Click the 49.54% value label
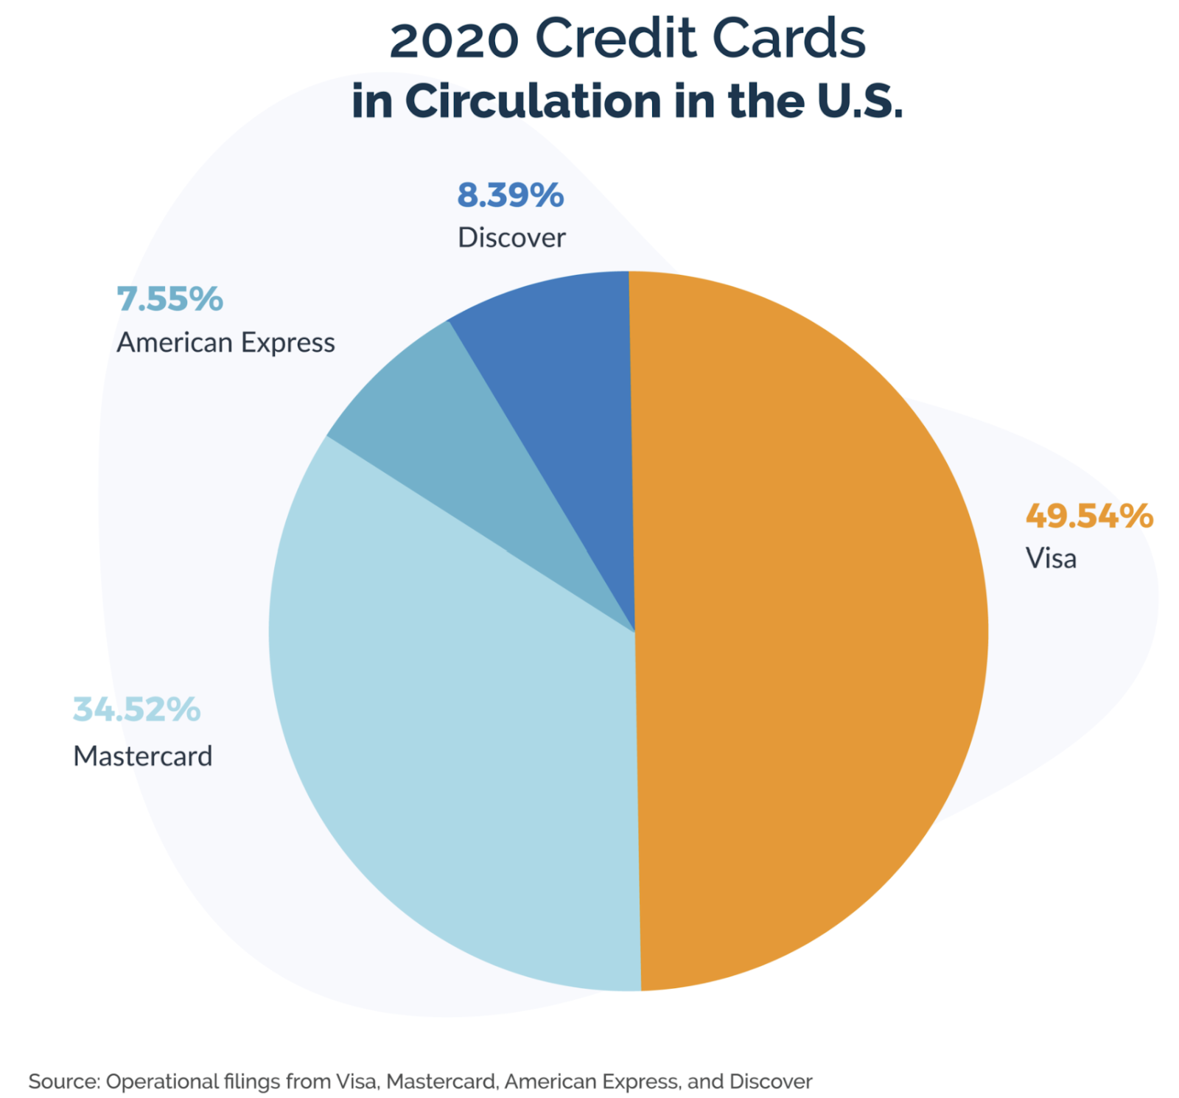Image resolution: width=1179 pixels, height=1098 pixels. [1088, 517]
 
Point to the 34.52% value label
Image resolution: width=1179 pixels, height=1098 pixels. [136, 710]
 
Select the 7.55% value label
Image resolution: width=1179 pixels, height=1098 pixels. [169, 299]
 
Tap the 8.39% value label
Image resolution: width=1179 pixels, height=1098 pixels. [510, 195]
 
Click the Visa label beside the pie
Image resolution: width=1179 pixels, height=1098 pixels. [1051, 559]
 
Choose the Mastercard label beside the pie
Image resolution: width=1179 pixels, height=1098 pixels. [143, 756]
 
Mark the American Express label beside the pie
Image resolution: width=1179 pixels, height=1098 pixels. [225, 343]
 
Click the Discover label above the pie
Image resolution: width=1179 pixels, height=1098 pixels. [511, 238]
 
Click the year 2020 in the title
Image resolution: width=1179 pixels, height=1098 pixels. [454, 40]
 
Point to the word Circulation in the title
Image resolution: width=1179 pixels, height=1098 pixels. [533, 101]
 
